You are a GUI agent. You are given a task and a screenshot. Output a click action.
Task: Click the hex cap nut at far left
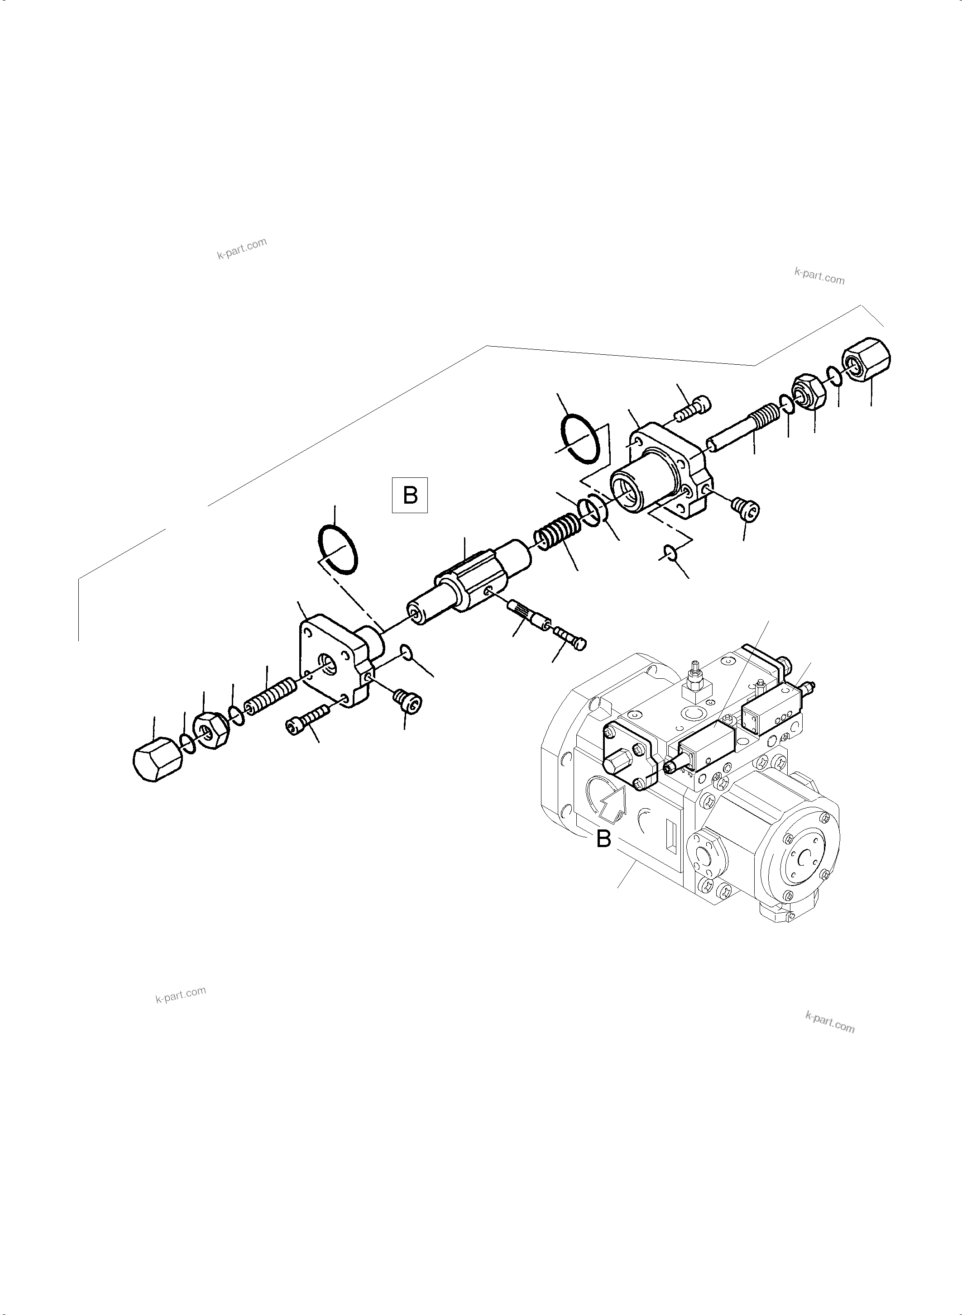point(155,758)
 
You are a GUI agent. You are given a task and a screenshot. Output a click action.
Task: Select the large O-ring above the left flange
point(338,548)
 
